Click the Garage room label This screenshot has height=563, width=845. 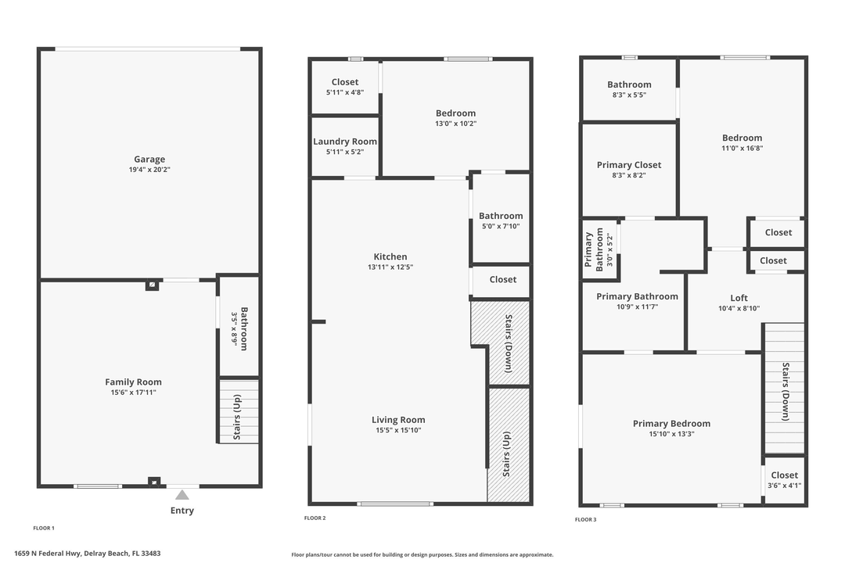tap(149, 160)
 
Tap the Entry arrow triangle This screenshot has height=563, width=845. tap(182, 495)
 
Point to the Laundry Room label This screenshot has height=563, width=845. tap(345, 142)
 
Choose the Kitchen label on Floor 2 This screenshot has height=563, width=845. tap(390, 256)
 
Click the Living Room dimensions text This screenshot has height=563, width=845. tap(398, 430)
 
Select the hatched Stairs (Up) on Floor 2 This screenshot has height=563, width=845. tap(507, 454)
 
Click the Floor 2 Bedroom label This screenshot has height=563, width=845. tap(455, 113)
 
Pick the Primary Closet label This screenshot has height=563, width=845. tap(628, 165)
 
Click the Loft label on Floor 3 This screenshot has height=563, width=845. tap(739, 298)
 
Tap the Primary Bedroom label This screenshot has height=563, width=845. tap(671, 424)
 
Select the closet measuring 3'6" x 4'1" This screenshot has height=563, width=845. tap(784, 479)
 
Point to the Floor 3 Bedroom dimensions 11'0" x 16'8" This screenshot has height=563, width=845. tap(742, 149)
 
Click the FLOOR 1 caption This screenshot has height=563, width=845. tap(44, 528)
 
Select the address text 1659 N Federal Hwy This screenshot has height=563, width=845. tap(87, 554)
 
